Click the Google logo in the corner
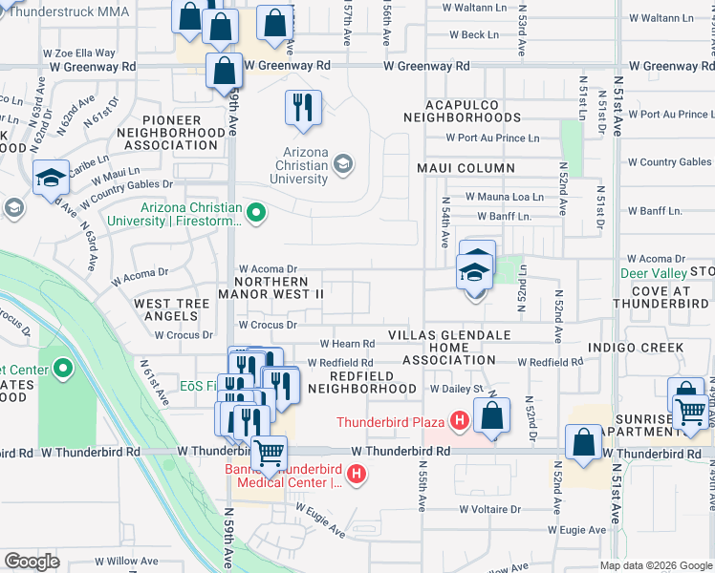tap(32, 562)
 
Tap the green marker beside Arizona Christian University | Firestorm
tap(255, 214)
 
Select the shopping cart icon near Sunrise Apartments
tap(690, 411)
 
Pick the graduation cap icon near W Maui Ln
tap(50, 177)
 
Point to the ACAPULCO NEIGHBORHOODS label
tap(462, 110)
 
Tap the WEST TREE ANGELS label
tap(172, 310)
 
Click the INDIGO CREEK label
tap(637, 347)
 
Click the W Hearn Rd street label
tap(346, 344)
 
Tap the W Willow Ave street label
tap(119, 562)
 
